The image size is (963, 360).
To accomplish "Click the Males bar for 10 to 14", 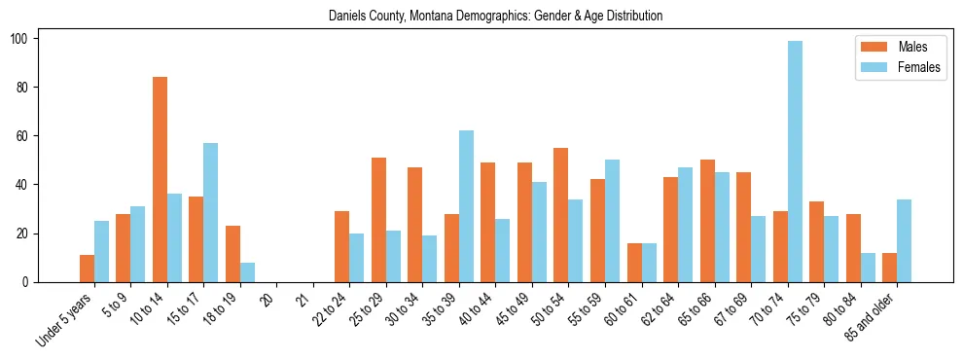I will (x=160, y=180).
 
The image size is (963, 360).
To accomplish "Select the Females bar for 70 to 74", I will (x=795, y=162).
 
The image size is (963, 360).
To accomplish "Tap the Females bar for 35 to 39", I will (x=466, y=206).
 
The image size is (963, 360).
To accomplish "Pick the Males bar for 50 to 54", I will (x=561, y=215).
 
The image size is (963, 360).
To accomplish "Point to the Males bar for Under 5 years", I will (x=87, y=269).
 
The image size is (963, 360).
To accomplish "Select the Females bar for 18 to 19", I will (x=247, y=272).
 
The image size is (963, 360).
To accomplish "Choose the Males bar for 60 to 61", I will (x=634, y=263).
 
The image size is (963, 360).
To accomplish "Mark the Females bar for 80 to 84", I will (x=868, y=268).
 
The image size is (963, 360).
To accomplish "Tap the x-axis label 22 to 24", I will (x=332, y=308).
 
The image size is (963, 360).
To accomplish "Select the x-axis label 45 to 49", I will (x=514, y=308).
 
